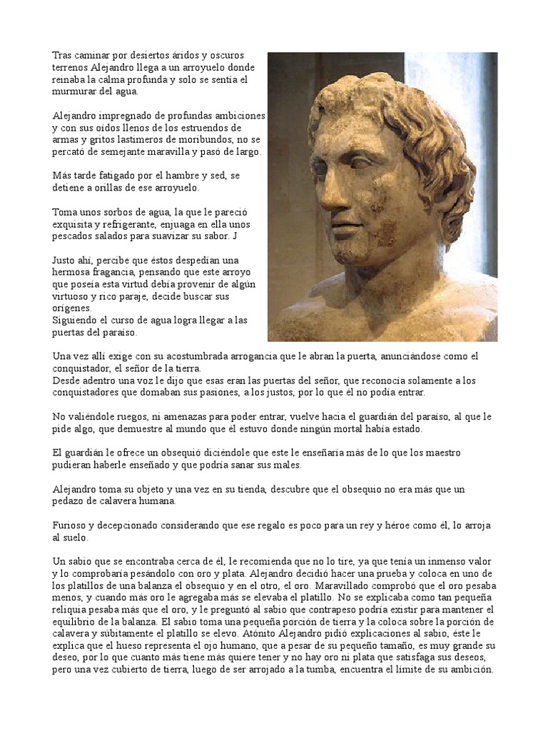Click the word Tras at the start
[x=62, y=55]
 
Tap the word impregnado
[x=133, y=116]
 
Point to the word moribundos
[x=228, y=140]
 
